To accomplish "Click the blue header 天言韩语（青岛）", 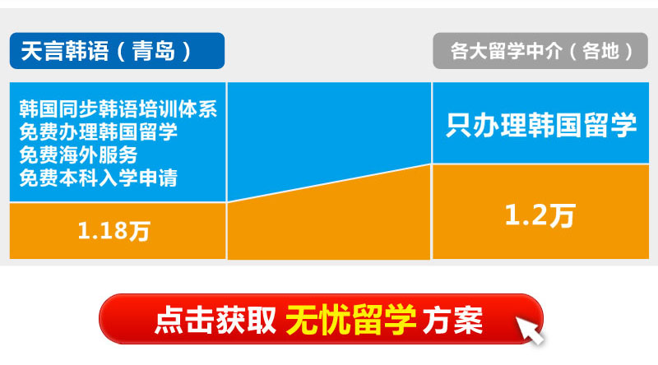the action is click(117, 51).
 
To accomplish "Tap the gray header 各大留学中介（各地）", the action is click(540, 51).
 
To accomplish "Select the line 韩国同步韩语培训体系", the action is click(118, 109).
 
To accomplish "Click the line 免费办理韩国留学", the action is click(98, 132).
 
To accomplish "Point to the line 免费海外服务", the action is click(78, 155).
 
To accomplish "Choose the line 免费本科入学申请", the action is click(98, 178).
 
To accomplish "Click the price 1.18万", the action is click(114, 231).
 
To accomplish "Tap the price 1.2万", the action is click(540, 215).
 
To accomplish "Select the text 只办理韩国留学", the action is click(541, 125).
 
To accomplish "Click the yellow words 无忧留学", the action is click(351, 320).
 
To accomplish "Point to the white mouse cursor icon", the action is click(529, 330).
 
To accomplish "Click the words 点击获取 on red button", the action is click(215, 320).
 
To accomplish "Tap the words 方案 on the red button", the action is click(453, 320).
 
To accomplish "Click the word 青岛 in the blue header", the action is click(154, 51).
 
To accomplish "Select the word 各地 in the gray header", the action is click(601, 51).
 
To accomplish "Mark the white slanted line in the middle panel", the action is click(330, 183).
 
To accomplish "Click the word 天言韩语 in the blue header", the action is click(65, 51).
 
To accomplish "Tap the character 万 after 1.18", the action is click(139, 232).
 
